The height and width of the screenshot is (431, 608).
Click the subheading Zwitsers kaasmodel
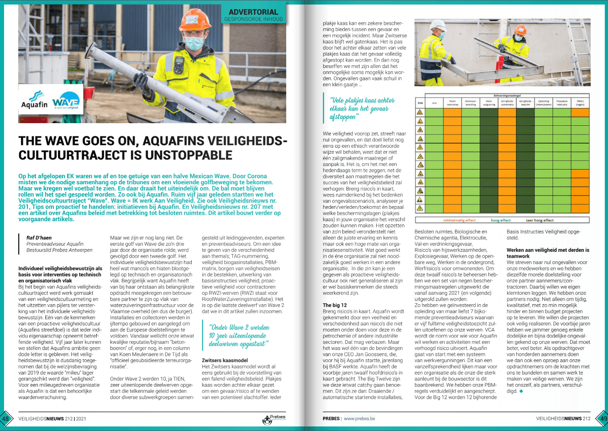click(x=225, y=360)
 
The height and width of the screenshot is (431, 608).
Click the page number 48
click(x=6, y=418)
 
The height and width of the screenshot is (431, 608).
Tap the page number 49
click(x=602, y=418)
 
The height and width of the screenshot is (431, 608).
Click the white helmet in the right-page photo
click(x=438, y=25)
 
